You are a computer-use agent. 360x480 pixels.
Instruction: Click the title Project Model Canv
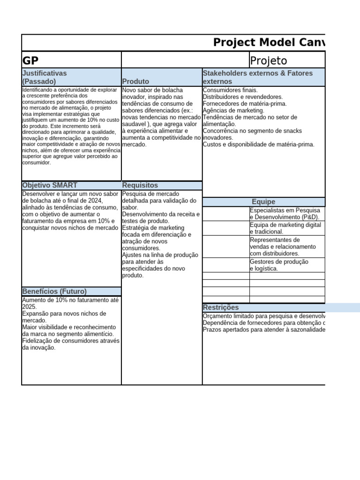269,43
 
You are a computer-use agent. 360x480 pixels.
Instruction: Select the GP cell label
30,60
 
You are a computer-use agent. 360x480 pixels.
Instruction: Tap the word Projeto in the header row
269,60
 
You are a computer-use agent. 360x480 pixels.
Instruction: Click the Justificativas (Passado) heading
45,77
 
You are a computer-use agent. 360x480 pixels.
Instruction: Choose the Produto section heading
135,82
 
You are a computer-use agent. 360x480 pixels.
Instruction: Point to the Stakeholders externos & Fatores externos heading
257,77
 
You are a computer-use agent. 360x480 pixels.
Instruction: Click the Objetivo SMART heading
50,186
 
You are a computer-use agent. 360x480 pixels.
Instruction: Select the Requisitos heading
140,186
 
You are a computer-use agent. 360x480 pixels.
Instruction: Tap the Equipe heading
263,202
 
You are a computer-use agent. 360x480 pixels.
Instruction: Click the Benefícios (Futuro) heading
54,291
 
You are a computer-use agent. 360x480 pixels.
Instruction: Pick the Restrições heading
220,307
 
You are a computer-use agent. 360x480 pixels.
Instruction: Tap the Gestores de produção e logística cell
279,265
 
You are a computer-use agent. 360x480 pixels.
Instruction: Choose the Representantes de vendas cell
283,247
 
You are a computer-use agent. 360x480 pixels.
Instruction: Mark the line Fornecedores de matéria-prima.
245,104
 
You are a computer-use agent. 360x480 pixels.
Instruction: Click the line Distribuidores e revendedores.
243,97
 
